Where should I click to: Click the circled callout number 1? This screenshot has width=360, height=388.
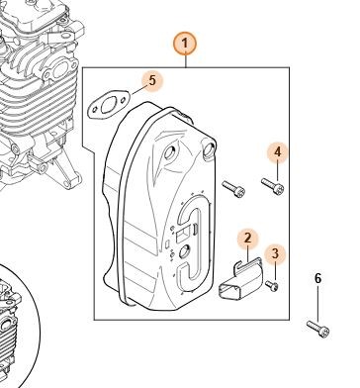point(185,44)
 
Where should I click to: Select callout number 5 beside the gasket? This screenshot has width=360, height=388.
point(152,81)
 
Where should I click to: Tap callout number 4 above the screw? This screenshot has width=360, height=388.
point(278,152)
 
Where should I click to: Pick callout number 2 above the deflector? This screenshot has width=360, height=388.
point(247,238)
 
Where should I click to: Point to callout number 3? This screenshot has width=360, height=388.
point(275,253)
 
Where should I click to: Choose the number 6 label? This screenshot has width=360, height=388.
point(317,279)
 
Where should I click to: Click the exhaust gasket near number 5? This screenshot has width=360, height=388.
point(107,104)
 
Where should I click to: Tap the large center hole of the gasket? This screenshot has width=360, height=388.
point(107,105)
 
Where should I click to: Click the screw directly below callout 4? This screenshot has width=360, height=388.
point(273,186)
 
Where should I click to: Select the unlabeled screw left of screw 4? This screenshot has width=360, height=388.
point(233,189)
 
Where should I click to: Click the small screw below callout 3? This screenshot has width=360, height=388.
point(272,286)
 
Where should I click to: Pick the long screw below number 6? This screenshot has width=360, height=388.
point(317,329)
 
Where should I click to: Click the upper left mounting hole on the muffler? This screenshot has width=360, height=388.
point(170,152)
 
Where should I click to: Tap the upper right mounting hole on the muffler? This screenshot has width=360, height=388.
point(209,147)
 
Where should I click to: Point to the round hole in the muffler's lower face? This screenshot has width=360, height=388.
point(183,252)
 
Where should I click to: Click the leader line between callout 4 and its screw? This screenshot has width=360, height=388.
point(278,172)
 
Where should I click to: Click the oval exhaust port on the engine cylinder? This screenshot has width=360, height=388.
point(60,71)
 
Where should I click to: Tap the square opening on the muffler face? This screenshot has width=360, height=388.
point(182,236)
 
